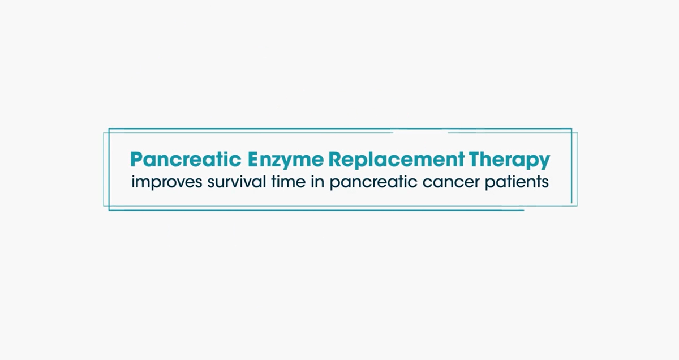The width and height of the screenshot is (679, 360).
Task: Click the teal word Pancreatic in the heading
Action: (x=186, y=159)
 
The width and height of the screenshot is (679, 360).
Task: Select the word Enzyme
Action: (x=286, y=161)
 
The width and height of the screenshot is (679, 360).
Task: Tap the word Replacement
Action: (x=397, y=160)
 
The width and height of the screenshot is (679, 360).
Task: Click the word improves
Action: (x=167, y=182)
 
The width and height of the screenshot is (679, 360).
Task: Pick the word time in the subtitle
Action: (x=288, y=182)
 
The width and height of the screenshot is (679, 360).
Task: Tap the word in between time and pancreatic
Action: (x=317, y=182)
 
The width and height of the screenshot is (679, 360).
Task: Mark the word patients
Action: (x=517, y=183)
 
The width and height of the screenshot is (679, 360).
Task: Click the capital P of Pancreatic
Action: (x=136, y=159)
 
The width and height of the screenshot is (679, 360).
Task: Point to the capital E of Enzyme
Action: (x=253, y=159)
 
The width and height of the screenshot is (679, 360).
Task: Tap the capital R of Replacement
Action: (x=335, y=159)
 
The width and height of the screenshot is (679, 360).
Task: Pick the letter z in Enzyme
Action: (x=278, y=161)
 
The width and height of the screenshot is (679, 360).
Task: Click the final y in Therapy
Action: (x=544, y=163)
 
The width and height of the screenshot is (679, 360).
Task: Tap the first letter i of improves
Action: (x=133, y=182)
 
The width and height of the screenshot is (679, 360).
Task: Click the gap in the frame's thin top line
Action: (x=420, y=132)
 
